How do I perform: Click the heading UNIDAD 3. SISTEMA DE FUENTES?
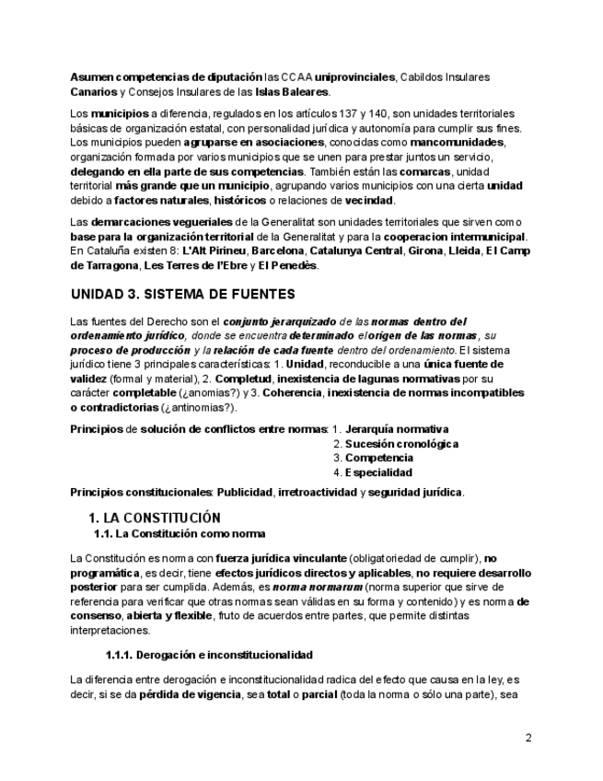[182, 295]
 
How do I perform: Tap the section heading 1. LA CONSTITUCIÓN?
[154, 518]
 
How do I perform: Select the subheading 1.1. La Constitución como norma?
[180, 534]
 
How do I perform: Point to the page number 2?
[528, 738]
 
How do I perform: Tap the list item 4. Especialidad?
[373, 472]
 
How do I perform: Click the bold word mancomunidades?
[457, 143]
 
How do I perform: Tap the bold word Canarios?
[93, 92]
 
